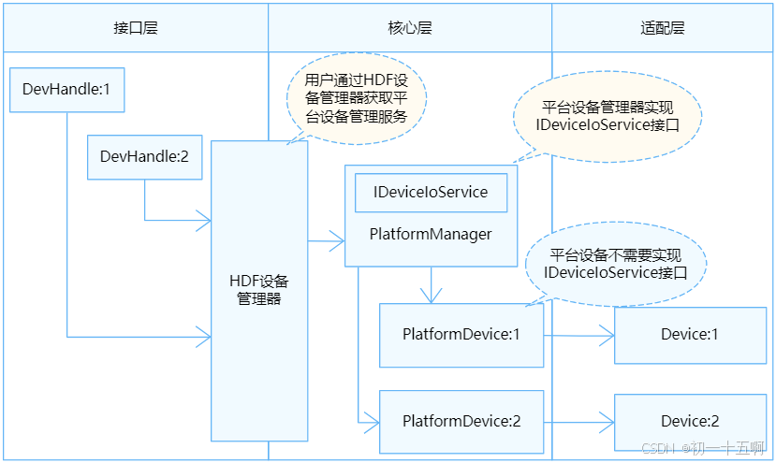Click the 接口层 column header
tap(135, 27)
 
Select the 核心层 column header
tap(409, 27)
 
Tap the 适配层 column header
tap(662, 27)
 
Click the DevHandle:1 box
tap(66, 91)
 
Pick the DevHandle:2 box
tap(144, 156)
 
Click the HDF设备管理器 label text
tap(259, 289)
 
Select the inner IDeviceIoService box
tap(431, 192)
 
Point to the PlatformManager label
tap(431, 234)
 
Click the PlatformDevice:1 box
tap(461, 334)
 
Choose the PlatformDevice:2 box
tap(461, 421)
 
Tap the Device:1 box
tap(690, 334)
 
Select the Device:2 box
tap(690, 421)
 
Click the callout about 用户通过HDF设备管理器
tap(356, 96)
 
